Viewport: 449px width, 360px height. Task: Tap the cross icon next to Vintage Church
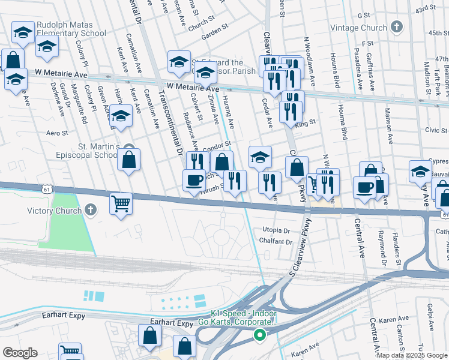coord(396,26)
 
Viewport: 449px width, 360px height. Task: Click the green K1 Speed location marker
coord(260,335)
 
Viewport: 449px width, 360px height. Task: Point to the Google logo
coord(20,353)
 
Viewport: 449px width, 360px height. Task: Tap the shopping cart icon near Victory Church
coord(121,203)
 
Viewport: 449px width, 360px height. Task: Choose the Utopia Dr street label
coord(276,230)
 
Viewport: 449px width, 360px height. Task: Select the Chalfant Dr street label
coord(276,242)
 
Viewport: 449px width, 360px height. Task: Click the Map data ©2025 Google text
coord(411,355)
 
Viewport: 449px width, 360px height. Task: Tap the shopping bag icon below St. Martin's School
coord(128,160)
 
